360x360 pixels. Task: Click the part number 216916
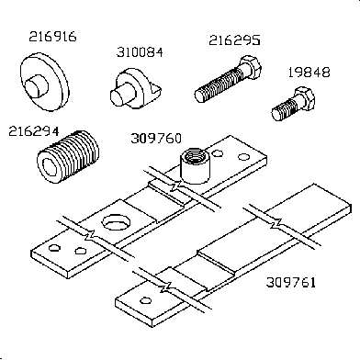52,37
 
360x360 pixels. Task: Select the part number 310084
140,52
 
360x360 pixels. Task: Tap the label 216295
234,40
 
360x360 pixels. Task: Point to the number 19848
309,73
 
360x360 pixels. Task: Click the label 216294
33,131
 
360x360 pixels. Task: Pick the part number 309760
156,139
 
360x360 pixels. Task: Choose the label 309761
291,282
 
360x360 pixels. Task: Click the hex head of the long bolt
251,67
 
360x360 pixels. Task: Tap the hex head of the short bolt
304,98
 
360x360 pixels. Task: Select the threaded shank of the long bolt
218,85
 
